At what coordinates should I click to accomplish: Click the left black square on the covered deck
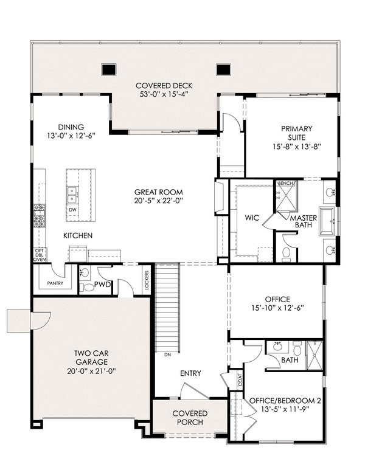pyautogui.click(x=108, y=69)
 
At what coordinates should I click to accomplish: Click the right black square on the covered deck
pyautogui.click(x=223, y=69)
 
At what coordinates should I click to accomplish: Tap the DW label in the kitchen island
pyautogui.click(x=72, y=210)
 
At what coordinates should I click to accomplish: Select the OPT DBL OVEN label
pyautogui.click(x=40, y=255)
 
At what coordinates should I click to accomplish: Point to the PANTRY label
pyautogui.click(x=55, y=283)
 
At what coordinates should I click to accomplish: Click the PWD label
pyautogui.click(x=102, y=285)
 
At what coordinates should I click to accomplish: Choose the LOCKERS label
pyautogui.click(x=147, y=280)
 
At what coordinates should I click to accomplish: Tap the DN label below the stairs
pyautogui.click(x=167, y=355)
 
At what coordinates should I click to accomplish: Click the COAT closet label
pyautogui.click(x=240, y=379)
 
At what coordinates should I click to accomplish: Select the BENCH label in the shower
pyautogui.click(x=285, y=183)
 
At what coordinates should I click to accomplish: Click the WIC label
pyautogui.click(x=252, y=218)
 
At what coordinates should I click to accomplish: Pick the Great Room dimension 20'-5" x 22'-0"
pyautogui.click(x=158, y=201)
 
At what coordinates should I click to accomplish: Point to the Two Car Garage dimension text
pyautogui.click(x=91, y=371)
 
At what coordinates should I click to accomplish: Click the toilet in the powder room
pyautogui.click(x=88, y=288)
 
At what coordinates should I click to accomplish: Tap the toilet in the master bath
pyautogui.click(x=286, y=254)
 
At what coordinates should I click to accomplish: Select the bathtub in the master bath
pyautogui.click(x=328, y=221)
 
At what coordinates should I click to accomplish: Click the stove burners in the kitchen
pyautogui.click(x=39, y=216)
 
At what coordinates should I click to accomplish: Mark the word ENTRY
pyautogui.click(x=190, y=373)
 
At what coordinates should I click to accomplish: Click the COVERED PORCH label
pyautogui.click(x=190, y=418)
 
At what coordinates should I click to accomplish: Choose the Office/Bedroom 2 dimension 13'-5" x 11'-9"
pyautogui.click(x=285, y=409)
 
